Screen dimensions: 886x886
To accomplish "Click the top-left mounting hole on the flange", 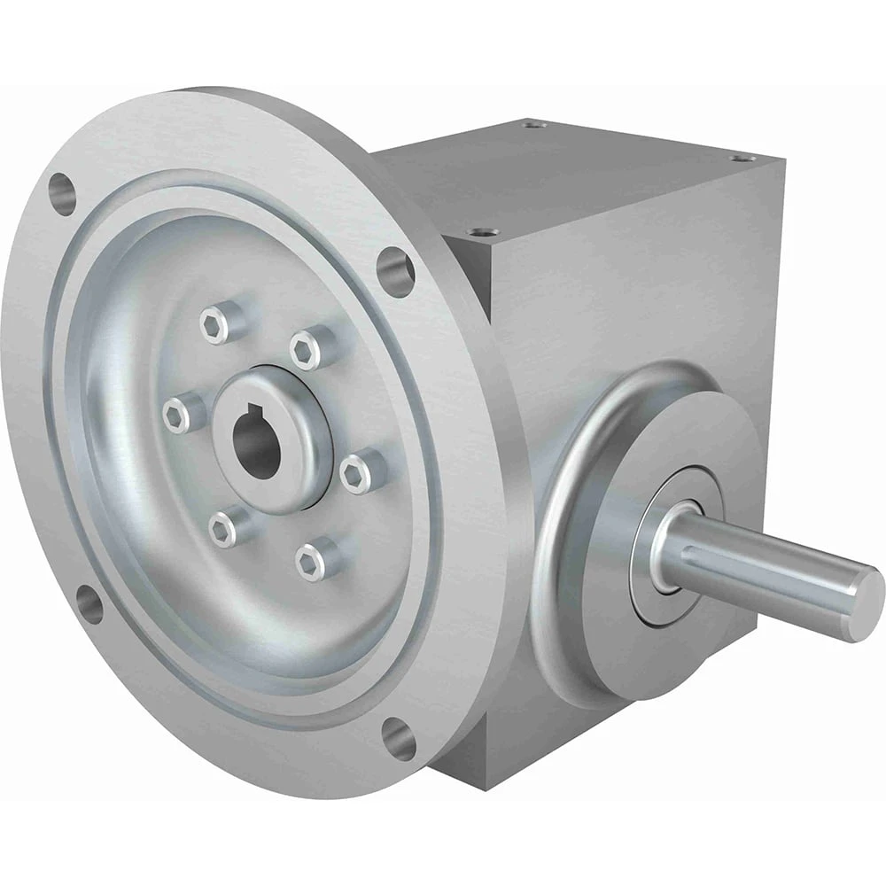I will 63,194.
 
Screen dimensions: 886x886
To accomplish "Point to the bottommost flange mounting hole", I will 398,738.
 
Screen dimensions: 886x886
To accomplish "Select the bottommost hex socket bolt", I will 308,562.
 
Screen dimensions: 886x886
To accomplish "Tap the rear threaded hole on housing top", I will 532,126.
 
